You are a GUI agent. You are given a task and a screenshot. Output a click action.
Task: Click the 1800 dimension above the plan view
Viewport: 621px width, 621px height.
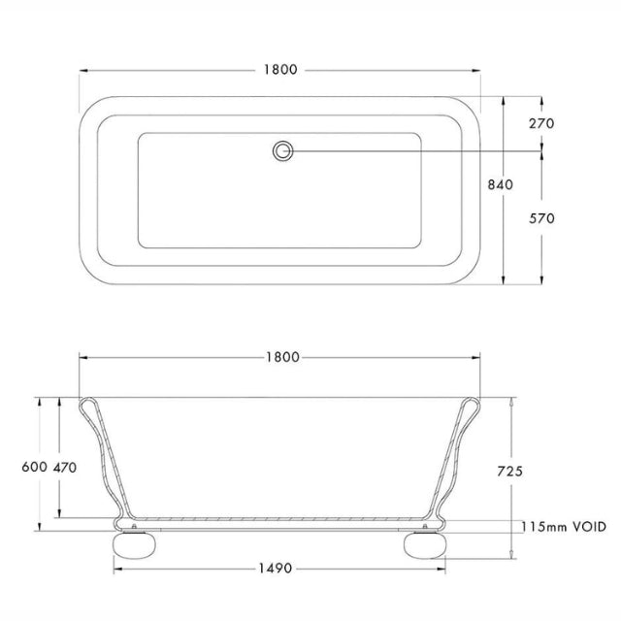tap(279, 70)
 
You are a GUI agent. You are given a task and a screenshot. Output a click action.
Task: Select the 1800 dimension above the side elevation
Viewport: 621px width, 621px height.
tap(279, 357)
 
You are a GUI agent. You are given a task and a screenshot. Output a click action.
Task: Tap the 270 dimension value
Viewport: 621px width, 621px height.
tap(541, 124)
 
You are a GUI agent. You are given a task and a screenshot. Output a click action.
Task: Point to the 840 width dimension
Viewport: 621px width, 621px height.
tap(500, 184)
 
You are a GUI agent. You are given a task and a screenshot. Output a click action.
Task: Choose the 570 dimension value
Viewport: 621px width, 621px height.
tap(541, 218)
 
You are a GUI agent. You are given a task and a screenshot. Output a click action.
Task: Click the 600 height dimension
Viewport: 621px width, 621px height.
tap(34, 467)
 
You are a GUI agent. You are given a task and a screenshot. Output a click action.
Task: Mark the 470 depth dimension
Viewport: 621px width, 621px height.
tap(65, 467)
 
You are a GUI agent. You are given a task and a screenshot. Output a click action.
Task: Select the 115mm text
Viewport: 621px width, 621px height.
tap(544, 527)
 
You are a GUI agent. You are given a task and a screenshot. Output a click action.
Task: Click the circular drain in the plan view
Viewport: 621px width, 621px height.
tap(282, 150)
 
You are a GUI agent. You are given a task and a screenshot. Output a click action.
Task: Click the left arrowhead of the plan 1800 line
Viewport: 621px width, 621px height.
tap(82, 70)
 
